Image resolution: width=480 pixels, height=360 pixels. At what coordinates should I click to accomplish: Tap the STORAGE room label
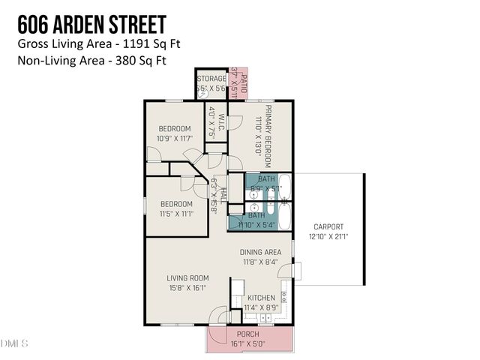pos(211,79)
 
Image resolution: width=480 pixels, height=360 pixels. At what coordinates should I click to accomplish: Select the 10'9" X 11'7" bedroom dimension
pos(175,139)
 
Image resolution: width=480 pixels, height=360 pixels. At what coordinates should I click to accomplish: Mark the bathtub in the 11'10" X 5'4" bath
pos(284,215)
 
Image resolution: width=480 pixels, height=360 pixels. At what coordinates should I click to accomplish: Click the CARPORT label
pos(328,226)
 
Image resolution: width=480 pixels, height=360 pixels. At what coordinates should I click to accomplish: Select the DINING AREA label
pos(260,252)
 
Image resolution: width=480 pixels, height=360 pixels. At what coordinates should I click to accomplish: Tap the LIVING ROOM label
pos(187,277)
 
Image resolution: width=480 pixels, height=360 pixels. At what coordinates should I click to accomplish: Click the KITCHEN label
pos(260,297)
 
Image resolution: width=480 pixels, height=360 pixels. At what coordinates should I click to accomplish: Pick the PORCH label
pos(247,334)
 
